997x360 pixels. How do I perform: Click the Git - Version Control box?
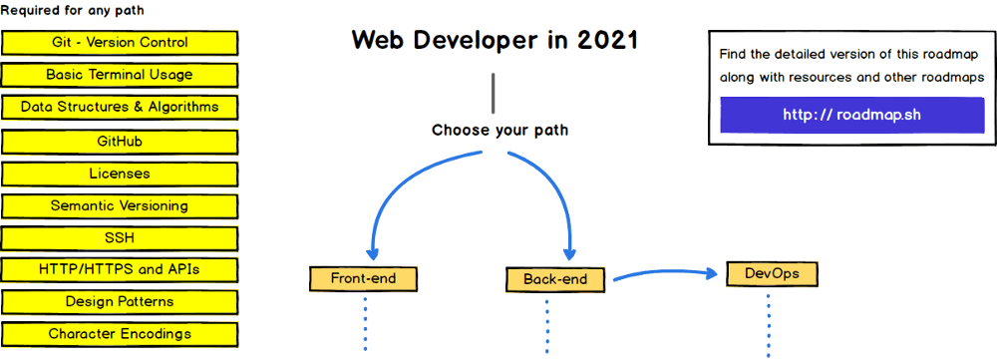pos(120,43)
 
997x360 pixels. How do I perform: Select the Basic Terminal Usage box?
pos(120,75)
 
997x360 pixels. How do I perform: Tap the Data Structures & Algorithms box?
pos(120,107)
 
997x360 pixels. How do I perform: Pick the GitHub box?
pos(120,142)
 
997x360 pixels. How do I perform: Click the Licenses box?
pos(120,174)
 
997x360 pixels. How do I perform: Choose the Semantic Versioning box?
pos(120,206)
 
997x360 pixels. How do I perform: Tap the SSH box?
pos(120,238)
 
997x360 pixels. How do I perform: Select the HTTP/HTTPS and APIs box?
pos(120,269)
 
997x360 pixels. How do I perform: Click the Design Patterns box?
pos(120,301)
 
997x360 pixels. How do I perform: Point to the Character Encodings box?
pos(120,334)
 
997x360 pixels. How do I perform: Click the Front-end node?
pos(363,278)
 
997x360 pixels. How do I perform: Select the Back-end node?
pos(555,279)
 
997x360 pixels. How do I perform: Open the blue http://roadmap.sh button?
pos(851,115)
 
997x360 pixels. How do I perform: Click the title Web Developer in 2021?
pos(495,41)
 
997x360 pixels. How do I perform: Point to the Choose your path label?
pos(499,131)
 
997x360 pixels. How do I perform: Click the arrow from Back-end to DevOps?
pos(663,272)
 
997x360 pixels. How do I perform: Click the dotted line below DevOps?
pos(769,324)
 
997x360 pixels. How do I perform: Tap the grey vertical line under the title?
pos(492,93)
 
